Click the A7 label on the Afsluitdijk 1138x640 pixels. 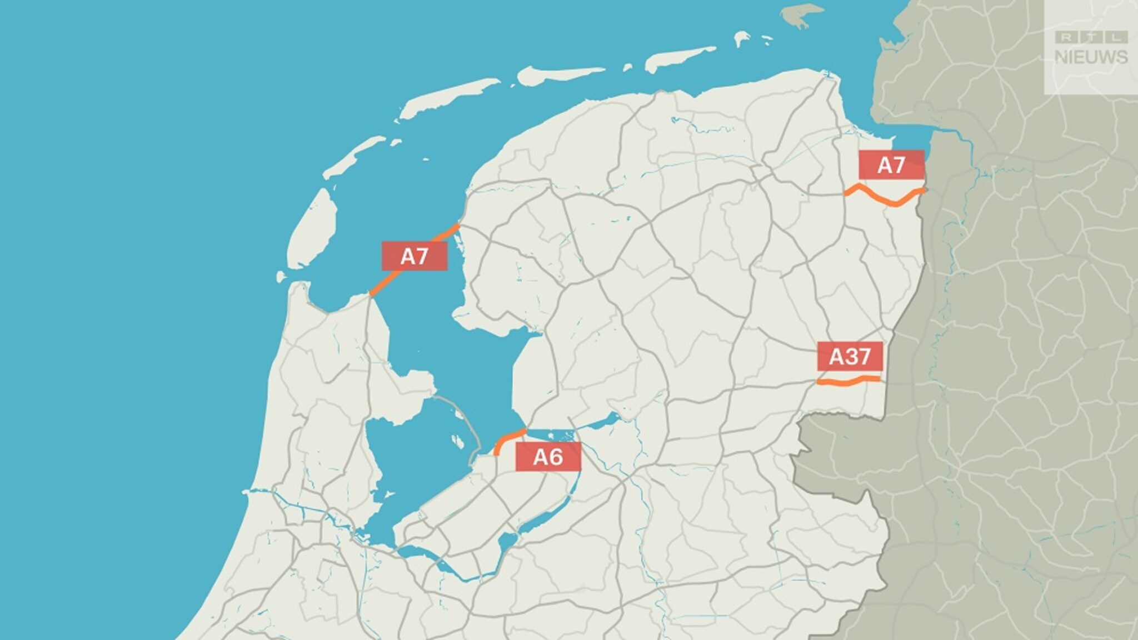[x=414, y=256]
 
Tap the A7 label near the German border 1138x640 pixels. [x=891, y=165]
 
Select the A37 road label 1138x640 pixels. [x=850, y=356]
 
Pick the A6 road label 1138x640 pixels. [x=548, y=457]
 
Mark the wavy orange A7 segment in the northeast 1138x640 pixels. [x=884, y=197]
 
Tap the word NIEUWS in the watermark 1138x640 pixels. [x=1091, y=57]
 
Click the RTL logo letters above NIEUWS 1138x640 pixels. [x=1091, y=38]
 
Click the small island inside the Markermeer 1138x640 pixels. [x=458, y=442]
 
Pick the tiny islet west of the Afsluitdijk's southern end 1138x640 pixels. [x=282, y=277]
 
